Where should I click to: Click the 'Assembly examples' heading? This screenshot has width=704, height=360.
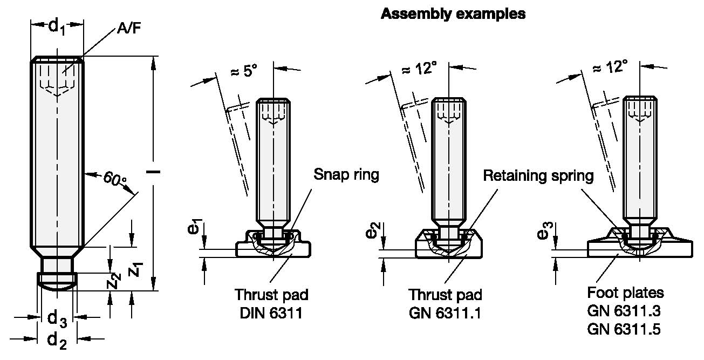453,14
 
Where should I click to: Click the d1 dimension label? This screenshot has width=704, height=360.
58,25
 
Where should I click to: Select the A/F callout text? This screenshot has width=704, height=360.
129,30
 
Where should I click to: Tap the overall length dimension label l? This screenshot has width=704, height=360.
155,172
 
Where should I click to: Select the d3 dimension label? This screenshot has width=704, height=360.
58,318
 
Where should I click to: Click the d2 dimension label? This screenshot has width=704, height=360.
58,339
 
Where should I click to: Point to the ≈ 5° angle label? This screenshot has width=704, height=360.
244,70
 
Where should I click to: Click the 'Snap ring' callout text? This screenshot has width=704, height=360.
346,174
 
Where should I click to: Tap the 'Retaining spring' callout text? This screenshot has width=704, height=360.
538,175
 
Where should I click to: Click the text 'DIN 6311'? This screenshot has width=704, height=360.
271,313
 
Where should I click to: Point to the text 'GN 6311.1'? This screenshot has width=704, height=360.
446,313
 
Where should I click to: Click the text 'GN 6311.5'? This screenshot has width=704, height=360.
625,329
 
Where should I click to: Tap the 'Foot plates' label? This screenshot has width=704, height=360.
625,293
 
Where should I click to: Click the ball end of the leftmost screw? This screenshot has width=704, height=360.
57,283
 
